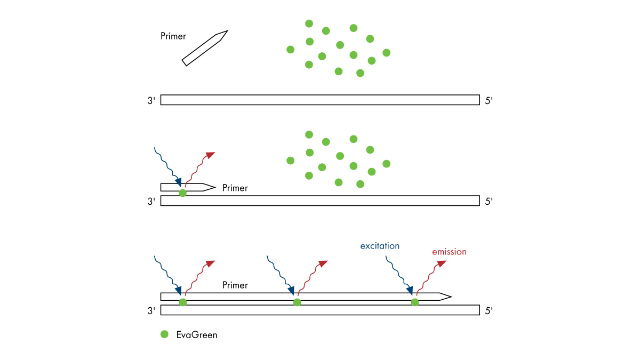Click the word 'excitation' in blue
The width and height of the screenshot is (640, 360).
pyautogui.click(x=380, y=246)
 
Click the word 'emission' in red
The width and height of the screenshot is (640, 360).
pyautogui.click(x=449, y=252)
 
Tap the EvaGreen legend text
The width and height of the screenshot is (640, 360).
pyautogui.click(x=197, y=335)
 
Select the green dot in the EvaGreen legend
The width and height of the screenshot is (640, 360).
pyautogui.click(x=164, y=334)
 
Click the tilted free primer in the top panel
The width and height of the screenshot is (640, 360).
pyautogui.click(x=205, y=48)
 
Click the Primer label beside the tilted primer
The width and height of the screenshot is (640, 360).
pyautogui.click(x=173, y=36)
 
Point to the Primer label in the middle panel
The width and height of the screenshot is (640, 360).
pyautogui.click(x=235, y=188)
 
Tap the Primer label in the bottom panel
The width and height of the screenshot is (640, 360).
pyautogui.click(x=235, y=285)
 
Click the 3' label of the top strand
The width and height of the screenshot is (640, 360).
pyautogui.click(x=151, y=100)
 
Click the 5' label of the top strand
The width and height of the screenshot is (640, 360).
pyautogui.click(x=489, y=100)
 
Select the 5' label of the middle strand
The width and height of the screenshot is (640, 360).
pyautogui.click(x=489, y=201)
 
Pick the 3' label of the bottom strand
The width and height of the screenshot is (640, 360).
pyautogui.click(x=151, y=310)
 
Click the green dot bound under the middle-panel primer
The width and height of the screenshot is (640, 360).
pyautogui.click(x=183, y=193)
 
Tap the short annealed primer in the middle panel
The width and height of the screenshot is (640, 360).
pyautogui.click(x=187, y=187)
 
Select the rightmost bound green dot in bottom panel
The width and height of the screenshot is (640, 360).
pyautogui.click(x=415, y=302)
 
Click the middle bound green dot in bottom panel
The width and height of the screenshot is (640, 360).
pyautogui.click(x=297, y=302)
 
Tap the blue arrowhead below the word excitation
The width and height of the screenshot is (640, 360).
pyautogui.click(x=410, y=290)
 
